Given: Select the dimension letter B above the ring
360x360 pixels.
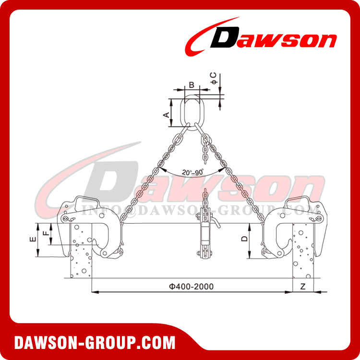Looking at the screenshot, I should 191,85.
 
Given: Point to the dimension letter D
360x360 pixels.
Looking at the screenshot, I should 244,239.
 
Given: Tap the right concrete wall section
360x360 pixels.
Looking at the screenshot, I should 302,259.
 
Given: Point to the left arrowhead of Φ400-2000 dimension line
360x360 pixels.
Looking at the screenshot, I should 94,291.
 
